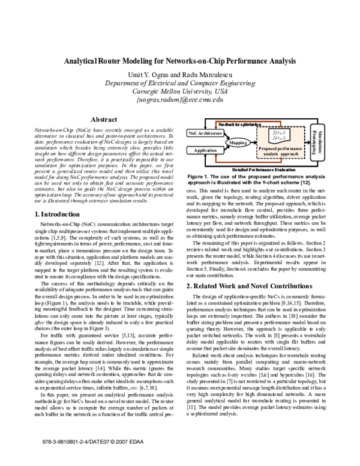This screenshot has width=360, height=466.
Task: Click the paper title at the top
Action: tap(180, 61)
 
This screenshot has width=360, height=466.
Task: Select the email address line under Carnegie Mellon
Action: tap(180, 100)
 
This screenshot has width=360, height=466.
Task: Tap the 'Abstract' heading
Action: tap(100, 120)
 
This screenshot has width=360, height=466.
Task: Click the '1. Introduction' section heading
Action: tap(57, 214)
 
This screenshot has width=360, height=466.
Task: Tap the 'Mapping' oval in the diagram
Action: tap(239, 144)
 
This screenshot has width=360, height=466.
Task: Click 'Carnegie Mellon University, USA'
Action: tap(180, 91)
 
